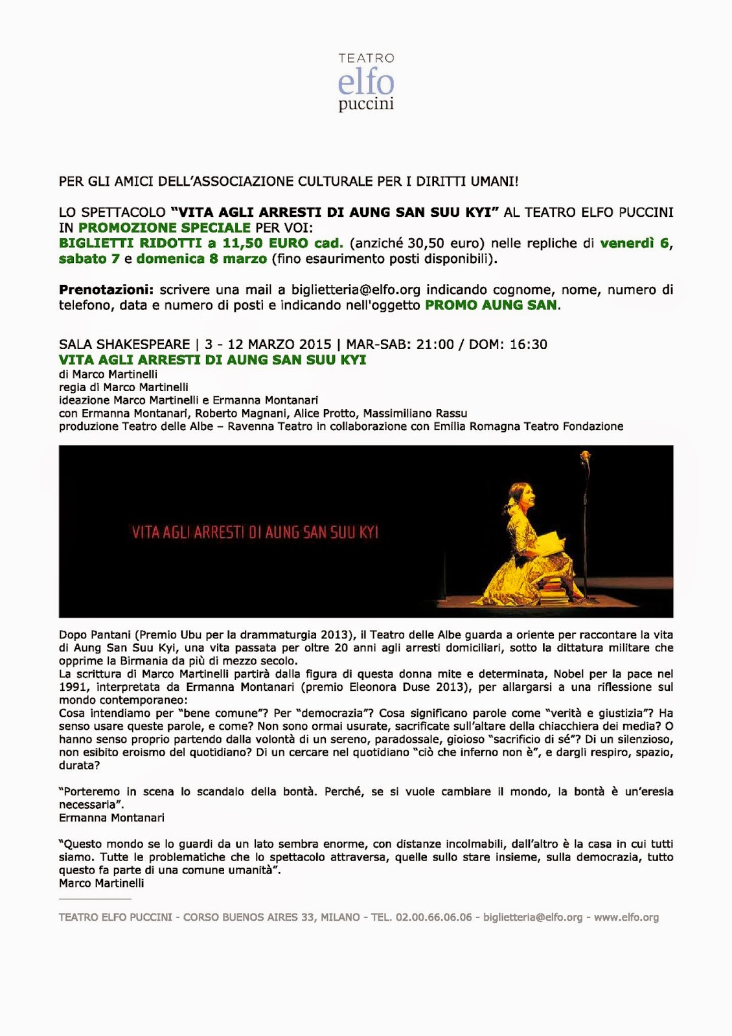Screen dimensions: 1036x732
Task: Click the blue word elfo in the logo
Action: click(x=366, y=83)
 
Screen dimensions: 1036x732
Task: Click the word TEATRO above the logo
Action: click(x=366, y=58)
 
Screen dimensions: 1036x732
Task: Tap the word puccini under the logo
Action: click(x=366, y=104)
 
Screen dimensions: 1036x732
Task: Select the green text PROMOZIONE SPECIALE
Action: click(x=165, y=228)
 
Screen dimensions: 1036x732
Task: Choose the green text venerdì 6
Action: click(x=635, y=243)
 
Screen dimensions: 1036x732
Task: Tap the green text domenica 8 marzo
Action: click(x=201, y=259)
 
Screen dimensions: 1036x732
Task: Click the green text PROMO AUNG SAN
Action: click(x=491, y=306)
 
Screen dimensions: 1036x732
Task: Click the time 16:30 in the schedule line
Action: click(x=529, y=344)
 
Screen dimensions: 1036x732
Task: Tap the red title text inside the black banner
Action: click(x=255, y=533)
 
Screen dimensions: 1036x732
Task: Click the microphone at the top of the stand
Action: click(x=586, y=457)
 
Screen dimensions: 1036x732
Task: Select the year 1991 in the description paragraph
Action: click(x=73, y=687)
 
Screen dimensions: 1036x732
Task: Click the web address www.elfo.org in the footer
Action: click(x=626, y=918)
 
